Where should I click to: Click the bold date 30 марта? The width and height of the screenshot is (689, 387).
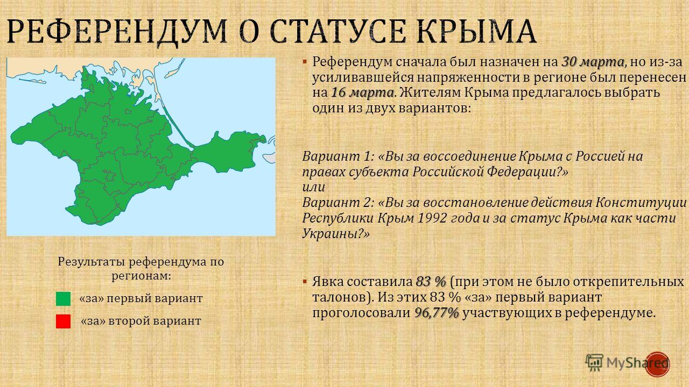[x=593, y=62]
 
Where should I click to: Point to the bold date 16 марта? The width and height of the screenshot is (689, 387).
[x=362, y=93]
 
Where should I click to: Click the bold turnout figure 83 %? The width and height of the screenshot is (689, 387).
[x=431, y=281]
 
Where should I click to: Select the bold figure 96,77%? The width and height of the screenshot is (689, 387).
[x=437, y=313]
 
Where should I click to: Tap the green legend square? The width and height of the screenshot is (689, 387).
[x=63, y=298]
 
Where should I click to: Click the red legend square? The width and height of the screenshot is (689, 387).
[x=63, y=321]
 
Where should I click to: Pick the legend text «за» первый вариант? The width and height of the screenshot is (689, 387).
[x=141, y=298]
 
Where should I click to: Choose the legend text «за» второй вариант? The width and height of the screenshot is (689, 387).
[x=141, y=321]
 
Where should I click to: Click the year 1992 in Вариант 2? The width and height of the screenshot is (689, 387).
[x=432, y=218]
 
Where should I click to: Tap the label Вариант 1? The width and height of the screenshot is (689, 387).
[x=338, y=156]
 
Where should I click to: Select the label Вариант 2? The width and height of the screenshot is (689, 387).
[x=338, y=203]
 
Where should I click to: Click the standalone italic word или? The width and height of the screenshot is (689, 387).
[x=313, y=188]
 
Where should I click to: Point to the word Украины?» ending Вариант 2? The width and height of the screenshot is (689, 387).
[x=336, y=234]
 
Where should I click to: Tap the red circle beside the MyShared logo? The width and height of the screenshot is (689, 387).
[x=657, y=364]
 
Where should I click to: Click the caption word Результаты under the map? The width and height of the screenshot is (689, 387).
[x=92, y=262]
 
